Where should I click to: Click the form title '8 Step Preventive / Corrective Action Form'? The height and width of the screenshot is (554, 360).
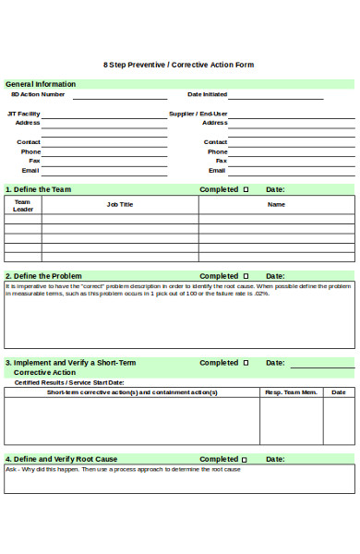[x=178, y=65]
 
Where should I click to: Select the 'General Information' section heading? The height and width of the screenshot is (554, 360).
[x=41, y=84]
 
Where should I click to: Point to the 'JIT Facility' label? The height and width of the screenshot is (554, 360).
[x=24, y=114]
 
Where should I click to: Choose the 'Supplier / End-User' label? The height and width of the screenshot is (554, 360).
[x=198, y=114]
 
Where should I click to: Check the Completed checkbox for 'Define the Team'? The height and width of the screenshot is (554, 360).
[x=246, y=189]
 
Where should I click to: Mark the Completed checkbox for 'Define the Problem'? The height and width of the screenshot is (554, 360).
[x=246, y=275]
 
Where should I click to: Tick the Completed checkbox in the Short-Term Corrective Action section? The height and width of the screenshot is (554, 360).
[x=246, y=363]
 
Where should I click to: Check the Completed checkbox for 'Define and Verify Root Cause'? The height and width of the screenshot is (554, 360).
[x=246, y=459]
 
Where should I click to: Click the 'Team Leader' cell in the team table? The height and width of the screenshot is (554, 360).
[x=23, y=205]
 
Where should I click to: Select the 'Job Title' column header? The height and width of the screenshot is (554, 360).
[x=120, y=204]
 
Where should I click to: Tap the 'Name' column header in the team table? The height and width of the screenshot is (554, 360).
[x=276, y=204]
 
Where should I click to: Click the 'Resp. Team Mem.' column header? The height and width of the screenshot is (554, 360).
[x=291, y=392]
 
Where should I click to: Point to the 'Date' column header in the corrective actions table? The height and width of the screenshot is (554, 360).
[x=339, y=392]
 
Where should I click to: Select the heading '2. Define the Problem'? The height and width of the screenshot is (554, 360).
[x=43, y=275]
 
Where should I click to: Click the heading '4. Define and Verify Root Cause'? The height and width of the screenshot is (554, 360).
[x=61, y=459]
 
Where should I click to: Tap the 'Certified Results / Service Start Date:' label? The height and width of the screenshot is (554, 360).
[x=68, y=382]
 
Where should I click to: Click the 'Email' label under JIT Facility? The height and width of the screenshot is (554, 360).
[x=31, y=170]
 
